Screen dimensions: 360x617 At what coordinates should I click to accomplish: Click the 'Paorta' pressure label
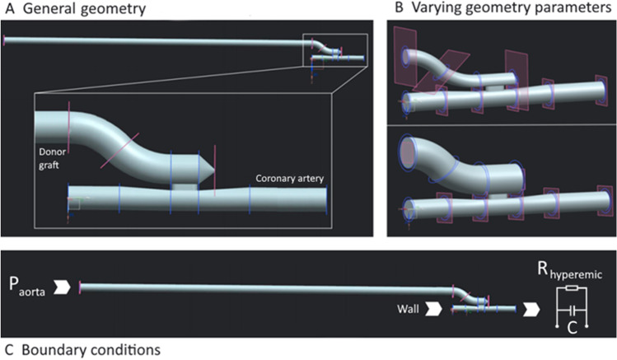click(x=27, y=287)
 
